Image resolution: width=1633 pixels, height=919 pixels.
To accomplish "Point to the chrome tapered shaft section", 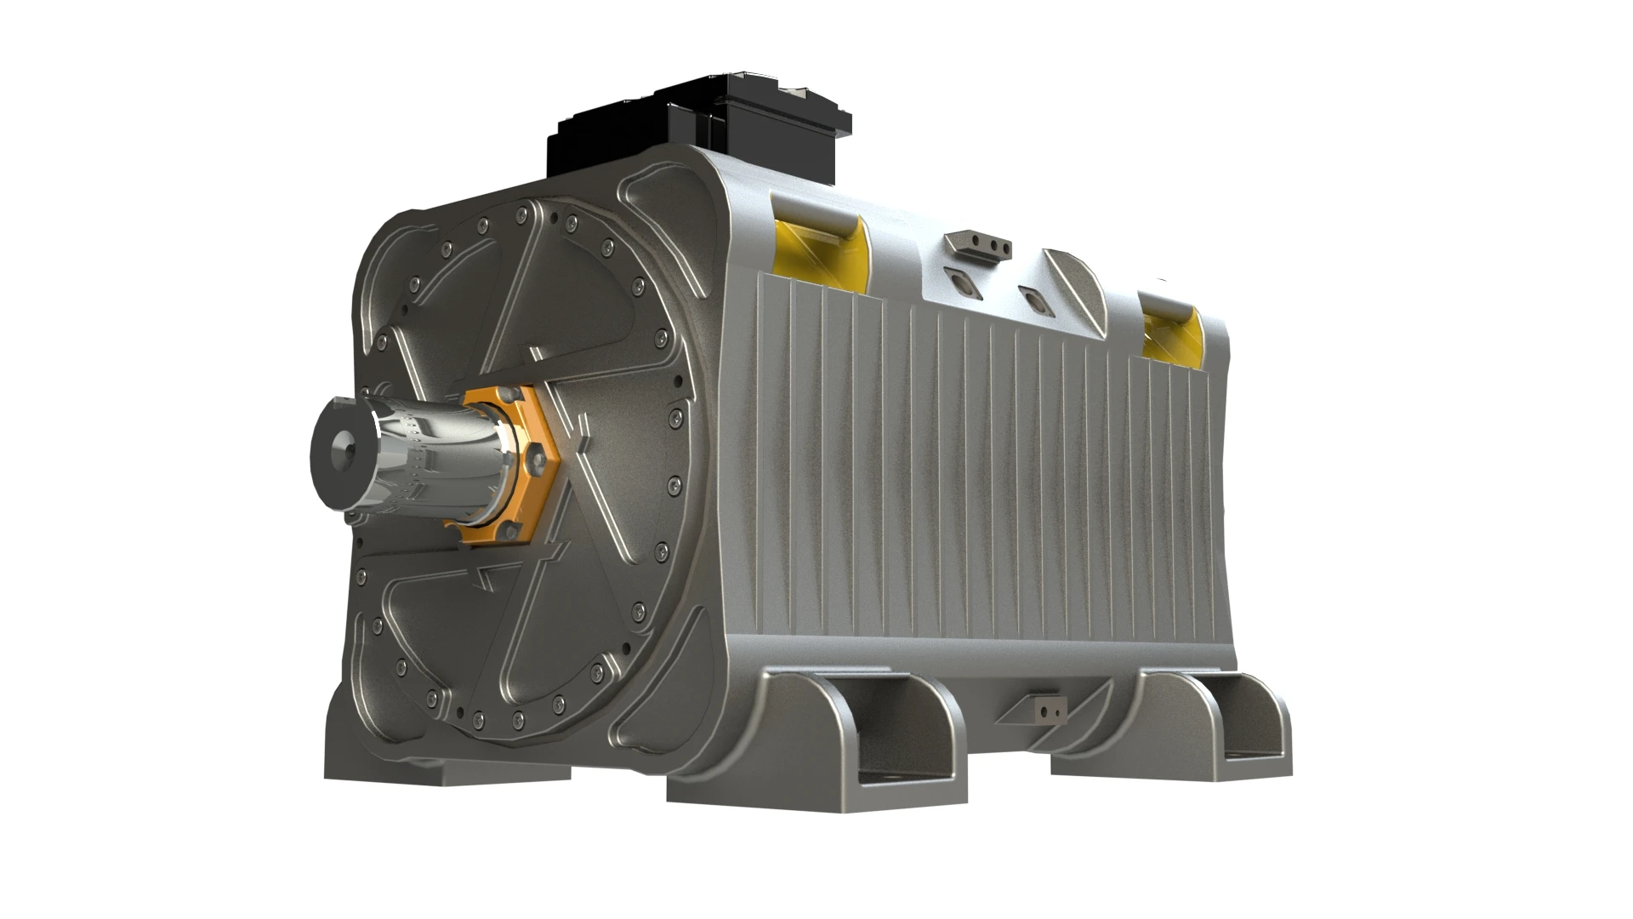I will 434,464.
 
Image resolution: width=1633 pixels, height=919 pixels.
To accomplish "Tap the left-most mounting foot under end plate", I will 442,770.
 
